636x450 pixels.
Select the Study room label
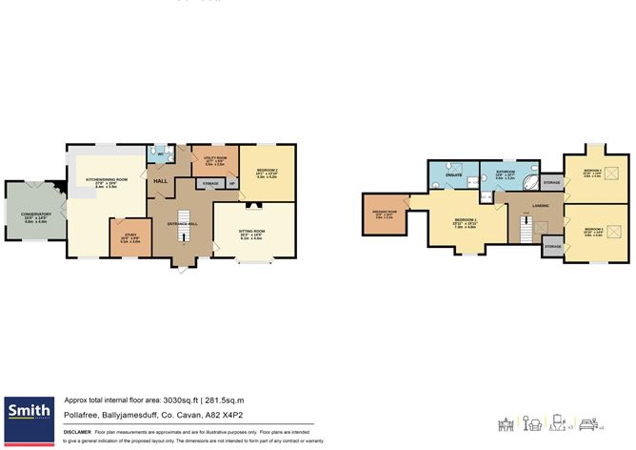[x=129, y=239]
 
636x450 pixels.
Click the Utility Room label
[x=214, y=158]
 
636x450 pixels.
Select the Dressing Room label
[x=385, y=214]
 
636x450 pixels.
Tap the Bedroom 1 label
[x=465, y=223]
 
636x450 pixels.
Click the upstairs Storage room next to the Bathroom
[x=551, y=180]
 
